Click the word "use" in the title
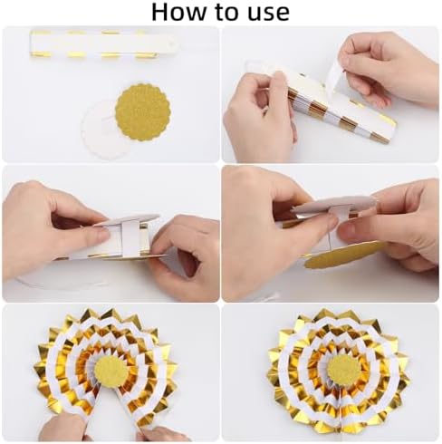(x=268, y=14)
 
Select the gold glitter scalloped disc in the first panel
(x=143, y=111)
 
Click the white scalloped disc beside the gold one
(x=100, y=133)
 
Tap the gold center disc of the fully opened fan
(x=344, y=369)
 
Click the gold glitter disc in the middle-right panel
(x=341, y=256)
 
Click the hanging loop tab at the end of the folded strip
(x=173, y=45)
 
